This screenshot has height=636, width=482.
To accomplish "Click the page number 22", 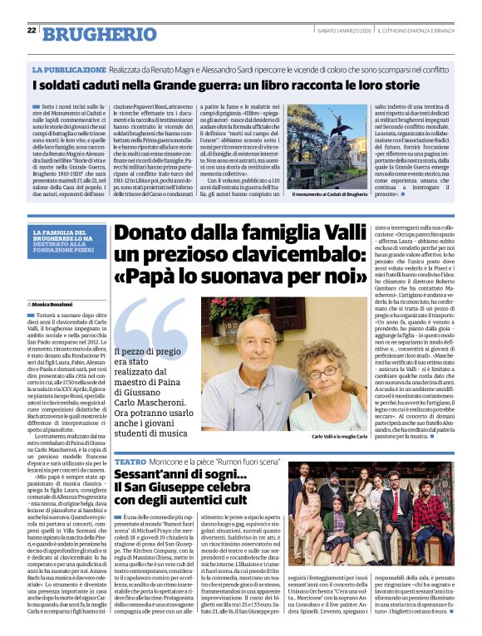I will click(x=32, y=30).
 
